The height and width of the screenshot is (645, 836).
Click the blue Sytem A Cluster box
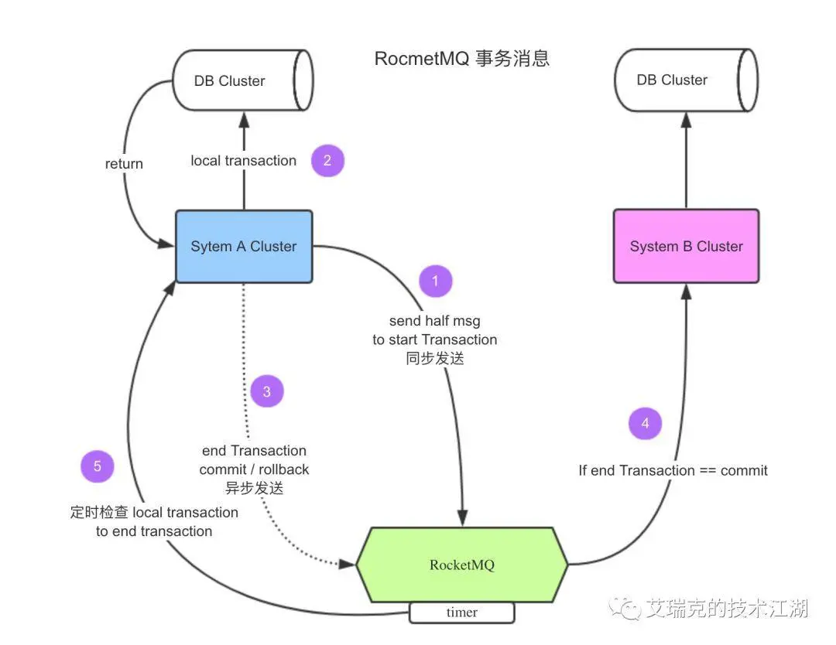(x=244, y=247)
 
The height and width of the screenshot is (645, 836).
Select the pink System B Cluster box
(x=686, y=247)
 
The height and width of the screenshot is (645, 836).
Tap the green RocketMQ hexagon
(x=461, y=565)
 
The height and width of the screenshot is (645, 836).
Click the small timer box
(x=461, y=613)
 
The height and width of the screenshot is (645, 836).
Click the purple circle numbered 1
(x=435, y=281)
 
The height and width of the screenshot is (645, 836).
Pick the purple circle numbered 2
(x=327, y=160)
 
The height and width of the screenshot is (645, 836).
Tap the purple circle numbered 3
(x=267, y=391)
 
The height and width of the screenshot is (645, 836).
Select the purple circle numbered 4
(x=645, y=423)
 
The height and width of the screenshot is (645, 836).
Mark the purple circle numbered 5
(x=98, y=466)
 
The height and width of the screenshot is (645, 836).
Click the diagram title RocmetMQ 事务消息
(x=461, y=59)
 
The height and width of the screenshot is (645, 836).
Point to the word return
(x=124, y=163)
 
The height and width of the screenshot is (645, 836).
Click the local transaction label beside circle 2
(x=244, y=161)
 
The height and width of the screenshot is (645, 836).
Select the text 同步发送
(x=434, y=358)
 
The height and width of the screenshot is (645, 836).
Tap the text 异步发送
(x=254, y=489)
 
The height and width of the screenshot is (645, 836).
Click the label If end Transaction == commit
(x=673, y=470)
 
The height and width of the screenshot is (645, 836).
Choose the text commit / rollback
(x=254, y=469)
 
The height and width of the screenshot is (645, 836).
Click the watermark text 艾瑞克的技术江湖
(x=727, y=609)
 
